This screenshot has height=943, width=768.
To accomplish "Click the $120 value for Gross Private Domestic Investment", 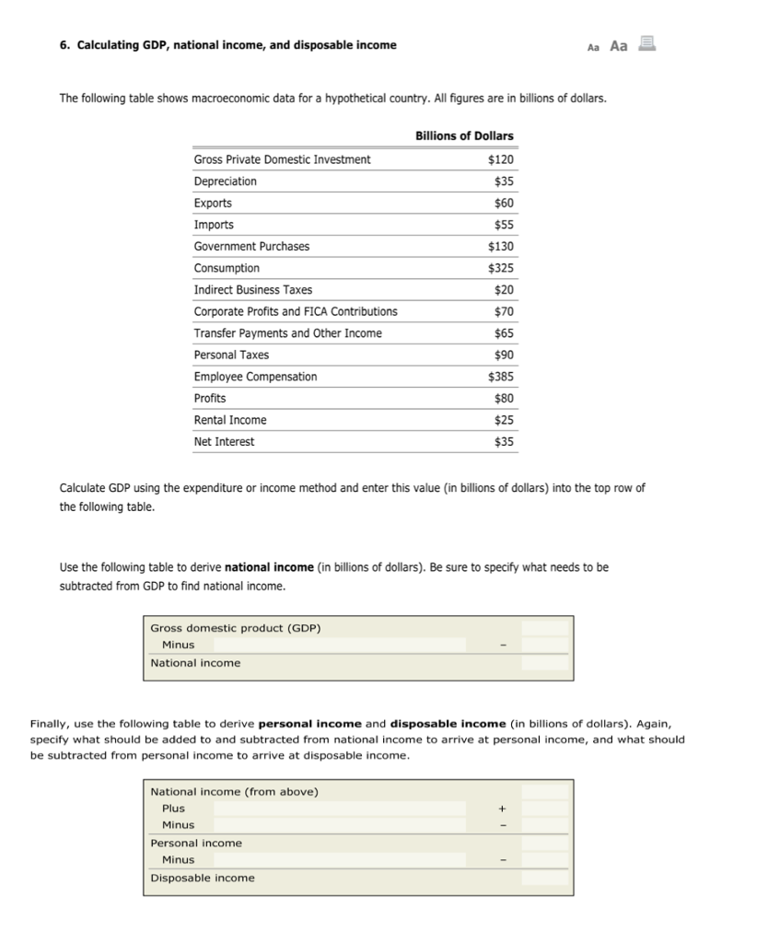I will tap(501, 159).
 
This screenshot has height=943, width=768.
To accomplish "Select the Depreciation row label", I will tap(225, 181).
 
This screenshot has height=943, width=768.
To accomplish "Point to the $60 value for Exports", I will tap(504, 203).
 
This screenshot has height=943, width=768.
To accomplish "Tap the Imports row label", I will tap(214, 225).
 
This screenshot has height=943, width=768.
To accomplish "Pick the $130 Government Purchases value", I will tap(501, 246).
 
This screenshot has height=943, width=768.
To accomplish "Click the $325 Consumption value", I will tap(501, 268).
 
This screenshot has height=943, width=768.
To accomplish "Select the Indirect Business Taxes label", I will tap(252, 289).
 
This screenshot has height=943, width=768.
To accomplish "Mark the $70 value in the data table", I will tap(504, 311).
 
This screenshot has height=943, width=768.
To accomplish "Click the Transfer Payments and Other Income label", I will tap(287, 333).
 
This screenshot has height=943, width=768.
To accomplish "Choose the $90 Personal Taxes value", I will tap(504, 355).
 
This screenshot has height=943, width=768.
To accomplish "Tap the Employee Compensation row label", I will tap(255, 377).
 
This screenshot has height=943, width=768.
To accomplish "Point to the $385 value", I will tap(501, 377).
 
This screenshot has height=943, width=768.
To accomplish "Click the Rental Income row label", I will tap(230, 420).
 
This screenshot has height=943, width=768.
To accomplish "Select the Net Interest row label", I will tap(224, 442).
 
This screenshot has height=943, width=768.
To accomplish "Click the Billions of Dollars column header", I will tap(464, 135).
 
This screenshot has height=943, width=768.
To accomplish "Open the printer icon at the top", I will tap(646, 42).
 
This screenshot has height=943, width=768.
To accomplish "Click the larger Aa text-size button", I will tap(619, 45).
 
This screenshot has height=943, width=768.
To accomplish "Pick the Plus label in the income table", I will tap(173, 809).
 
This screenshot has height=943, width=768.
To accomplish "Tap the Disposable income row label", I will tap(203, 878).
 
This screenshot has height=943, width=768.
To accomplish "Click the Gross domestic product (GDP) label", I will tap(236, 628).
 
